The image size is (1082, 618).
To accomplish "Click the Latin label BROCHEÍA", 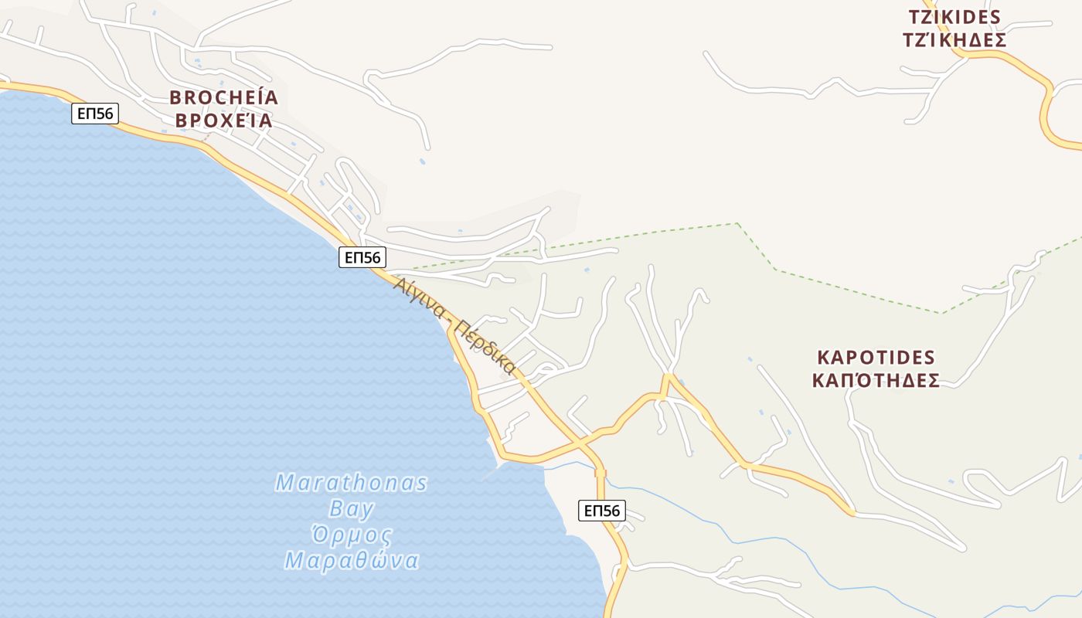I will point(223,97).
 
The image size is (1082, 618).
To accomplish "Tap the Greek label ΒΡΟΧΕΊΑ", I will point(223,121).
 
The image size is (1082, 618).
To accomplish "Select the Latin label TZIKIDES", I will point(954,17).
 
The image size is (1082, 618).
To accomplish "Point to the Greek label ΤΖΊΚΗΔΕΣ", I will point(954,40).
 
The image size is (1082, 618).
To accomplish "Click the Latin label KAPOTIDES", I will point(876,358).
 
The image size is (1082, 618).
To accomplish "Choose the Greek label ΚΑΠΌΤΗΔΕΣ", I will point(876,381).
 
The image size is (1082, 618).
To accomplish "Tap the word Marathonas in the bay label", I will point(351,484).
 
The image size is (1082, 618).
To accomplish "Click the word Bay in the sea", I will point(352,509).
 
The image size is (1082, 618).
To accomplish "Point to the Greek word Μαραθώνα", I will point(352,560).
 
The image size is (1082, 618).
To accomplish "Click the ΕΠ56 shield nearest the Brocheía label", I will point(96,114).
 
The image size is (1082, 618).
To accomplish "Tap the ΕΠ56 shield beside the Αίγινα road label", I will point(362,257).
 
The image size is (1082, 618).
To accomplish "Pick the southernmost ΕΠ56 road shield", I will point(601,510).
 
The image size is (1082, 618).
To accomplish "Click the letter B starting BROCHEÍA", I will point(175,97).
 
